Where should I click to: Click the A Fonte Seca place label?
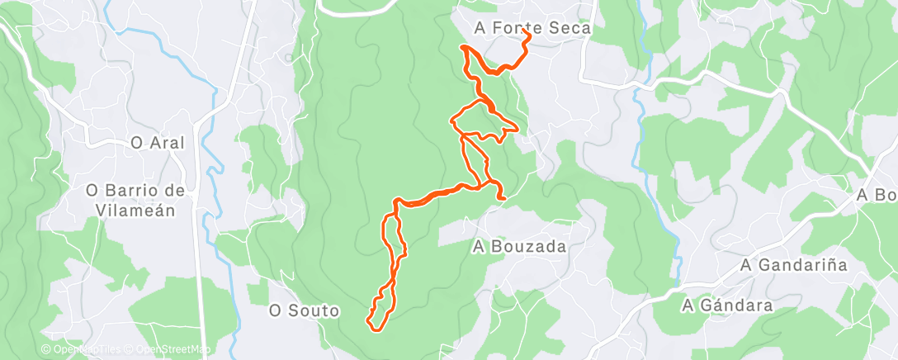coord(532,28)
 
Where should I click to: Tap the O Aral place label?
coord(157,143)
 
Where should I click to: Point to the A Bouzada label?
coord(519,246)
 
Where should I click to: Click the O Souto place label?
coord(305,311)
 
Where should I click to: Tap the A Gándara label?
coord(727,306)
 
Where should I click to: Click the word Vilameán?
coord(131,211)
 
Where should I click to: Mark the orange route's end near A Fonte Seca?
coord(527,36)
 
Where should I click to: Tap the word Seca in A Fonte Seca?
coord(570,28)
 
